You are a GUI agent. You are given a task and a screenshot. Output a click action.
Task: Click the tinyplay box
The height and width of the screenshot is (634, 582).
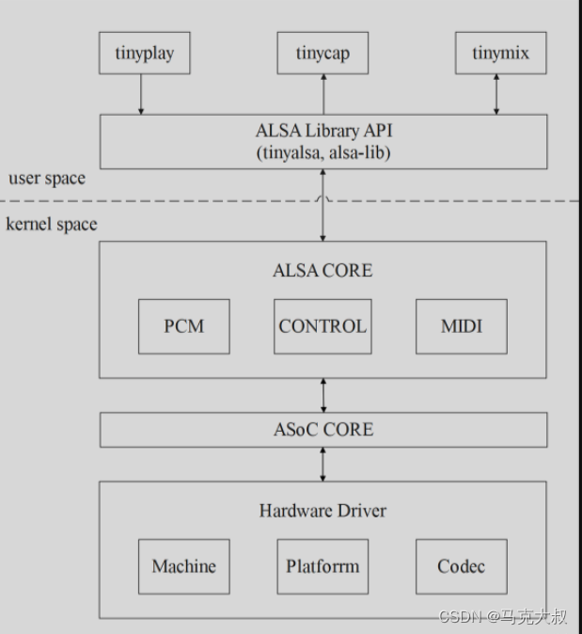click(144, 53)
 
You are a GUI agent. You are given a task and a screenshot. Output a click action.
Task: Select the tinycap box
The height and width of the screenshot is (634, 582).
click(322, 53)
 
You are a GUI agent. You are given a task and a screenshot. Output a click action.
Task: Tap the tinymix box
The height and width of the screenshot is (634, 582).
click(499, 53)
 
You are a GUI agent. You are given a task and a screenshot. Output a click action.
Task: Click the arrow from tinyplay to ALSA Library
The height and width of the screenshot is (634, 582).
click(142, 94)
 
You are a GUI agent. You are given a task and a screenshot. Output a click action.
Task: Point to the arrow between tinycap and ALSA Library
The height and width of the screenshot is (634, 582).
click(322, 94)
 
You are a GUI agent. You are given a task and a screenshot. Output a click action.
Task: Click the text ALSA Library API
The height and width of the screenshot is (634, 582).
click(323, 132)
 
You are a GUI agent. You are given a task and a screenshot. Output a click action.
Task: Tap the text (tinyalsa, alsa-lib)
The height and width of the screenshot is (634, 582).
click(323, 152)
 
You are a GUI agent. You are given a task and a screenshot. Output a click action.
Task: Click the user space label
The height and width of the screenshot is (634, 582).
click(46, 178)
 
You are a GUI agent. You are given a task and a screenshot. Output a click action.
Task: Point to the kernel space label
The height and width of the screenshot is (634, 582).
click(52, 224)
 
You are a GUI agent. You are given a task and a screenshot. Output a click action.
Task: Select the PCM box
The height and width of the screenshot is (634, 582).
click(183, 326)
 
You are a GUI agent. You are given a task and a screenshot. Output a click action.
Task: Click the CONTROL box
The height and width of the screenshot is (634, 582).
click(322, 326)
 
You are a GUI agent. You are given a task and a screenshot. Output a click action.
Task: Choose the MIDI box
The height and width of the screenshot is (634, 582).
click(461, 326)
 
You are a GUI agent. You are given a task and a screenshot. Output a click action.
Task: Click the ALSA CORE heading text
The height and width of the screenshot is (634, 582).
click(322, 271)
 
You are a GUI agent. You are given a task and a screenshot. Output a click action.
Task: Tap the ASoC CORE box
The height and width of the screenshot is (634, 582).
click(322, 430)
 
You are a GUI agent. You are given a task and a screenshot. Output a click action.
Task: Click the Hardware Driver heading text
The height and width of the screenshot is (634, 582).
click(322, 511)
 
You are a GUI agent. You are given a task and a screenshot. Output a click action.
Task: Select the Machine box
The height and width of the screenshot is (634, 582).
click(183, 566)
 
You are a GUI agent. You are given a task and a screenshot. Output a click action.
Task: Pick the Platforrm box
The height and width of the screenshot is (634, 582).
click(322, 566)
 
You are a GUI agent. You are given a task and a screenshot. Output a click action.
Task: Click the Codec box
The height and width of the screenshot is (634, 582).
click(461, 566)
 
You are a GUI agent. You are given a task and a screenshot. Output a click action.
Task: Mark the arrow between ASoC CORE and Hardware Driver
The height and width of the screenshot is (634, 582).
click(323, 464)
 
